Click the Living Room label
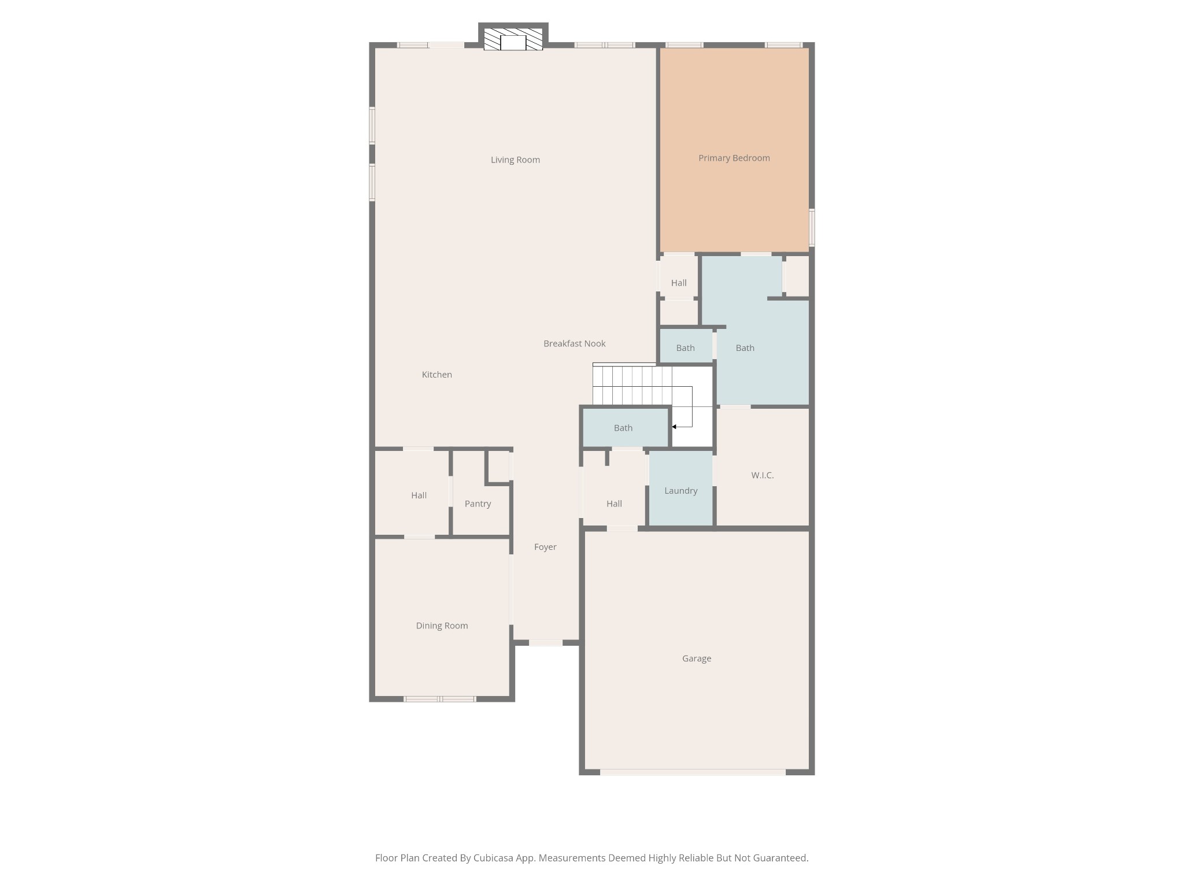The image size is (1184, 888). pos(515,160)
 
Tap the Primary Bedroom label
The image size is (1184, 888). pos(734,158)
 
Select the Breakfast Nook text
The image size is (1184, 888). pos(574,343)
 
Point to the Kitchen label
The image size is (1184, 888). pos(436,375)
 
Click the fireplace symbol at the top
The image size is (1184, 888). pos(513,40)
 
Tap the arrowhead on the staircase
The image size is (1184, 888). pos(674,427)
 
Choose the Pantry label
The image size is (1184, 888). pos(478,504)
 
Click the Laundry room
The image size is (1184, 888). pos(680,490)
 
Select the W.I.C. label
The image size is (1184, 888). pos(762,475)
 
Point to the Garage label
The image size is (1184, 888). pos(696,658)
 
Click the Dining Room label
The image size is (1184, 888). pos(442,626)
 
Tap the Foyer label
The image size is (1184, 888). pos(545,547)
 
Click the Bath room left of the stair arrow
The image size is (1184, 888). pos(623,428)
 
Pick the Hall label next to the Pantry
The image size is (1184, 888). pos(419,495)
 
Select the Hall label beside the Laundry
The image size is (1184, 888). pos(614,504)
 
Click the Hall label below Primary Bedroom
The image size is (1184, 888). pos(679,283)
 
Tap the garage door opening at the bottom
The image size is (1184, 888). pos(693,772)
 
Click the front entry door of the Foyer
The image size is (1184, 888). pos(546,643)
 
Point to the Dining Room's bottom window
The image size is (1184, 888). pos(439,699)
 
